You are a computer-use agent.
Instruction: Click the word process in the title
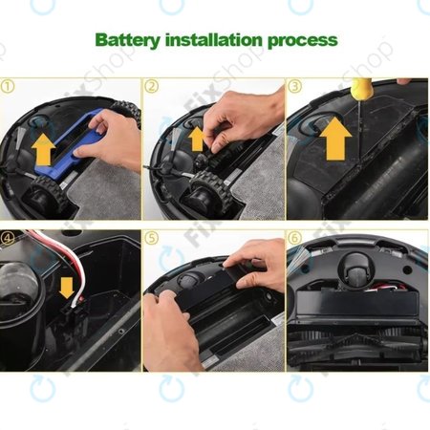(x=302, y=41)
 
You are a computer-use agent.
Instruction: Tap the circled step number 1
(x=10, y=85)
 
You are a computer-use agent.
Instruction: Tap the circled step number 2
(x=152, y=86)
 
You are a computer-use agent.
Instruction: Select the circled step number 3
(x=295, y=86)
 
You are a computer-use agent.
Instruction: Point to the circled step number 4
(x=10, y=237)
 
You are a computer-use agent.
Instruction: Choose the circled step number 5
(x=152, y=237)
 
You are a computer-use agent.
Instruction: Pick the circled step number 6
(x=295, y=237)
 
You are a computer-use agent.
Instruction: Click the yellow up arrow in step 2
(x=197, y=138)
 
